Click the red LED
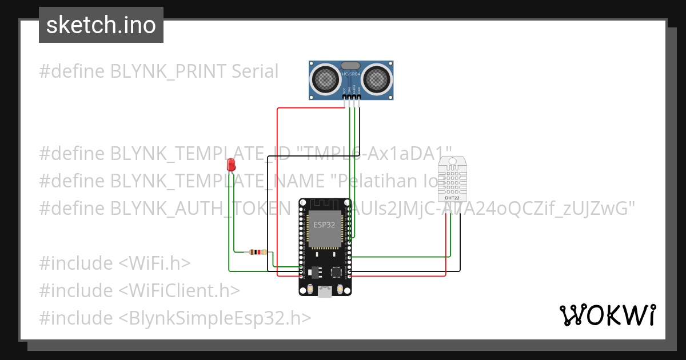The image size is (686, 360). tap(232, 165)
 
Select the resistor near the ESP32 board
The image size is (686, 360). tap(259, 252)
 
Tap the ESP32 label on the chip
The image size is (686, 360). tap(324, 225)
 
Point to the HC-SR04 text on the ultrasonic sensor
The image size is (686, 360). tap(351, 74)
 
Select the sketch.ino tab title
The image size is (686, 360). tap(101, 25)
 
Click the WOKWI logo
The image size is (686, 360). tap(607, 315)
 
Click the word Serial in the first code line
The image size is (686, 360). tap(255, 71)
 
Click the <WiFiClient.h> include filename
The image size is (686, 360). tap(179, 291)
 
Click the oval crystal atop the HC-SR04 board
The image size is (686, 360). tap(350, 66)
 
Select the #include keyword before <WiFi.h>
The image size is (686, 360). tap(76, 263)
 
